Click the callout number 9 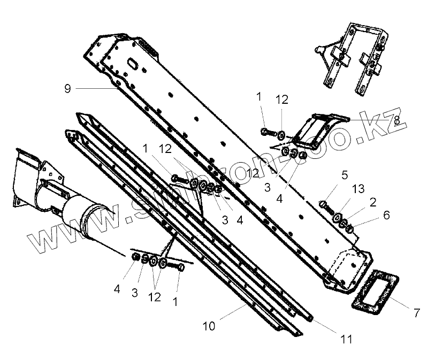click(67, 89)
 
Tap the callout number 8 click(396, 121)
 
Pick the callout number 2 click(372, 202)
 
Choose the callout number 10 click(209, 326)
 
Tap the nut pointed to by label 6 click(350, 229)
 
